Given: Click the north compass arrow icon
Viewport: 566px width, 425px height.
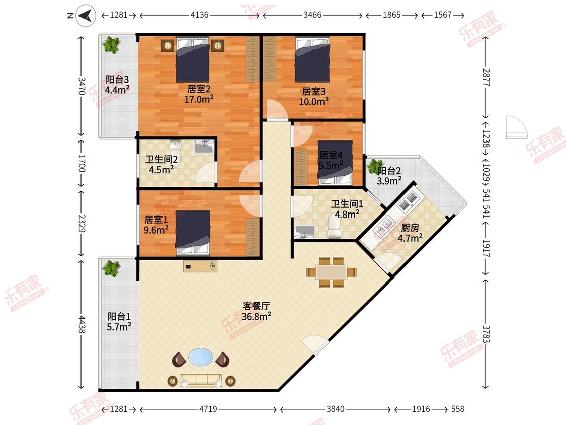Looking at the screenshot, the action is pos(86,15).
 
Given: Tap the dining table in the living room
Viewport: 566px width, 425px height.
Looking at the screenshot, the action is pos(332,272).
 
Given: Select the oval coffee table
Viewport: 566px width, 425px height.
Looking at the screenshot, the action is pos(200,357).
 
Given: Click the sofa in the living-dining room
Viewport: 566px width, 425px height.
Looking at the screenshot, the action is pos(201,381).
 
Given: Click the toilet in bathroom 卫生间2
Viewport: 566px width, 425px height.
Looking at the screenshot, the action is pos(176,148).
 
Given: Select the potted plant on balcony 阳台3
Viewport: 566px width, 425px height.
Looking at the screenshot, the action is pos(111,45).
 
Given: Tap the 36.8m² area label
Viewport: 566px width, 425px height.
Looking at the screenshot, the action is pos(256,317).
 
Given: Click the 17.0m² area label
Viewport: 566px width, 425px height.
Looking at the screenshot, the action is pos(199,99).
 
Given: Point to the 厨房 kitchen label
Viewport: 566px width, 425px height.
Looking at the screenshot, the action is pos(410,228).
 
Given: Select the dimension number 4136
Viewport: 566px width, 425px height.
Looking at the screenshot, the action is pos(199,15).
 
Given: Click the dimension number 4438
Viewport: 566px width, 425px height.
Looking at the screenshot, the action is pos(82,324).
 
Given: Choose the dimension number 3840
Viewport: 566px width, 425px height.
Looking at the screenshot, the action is pos(336,409).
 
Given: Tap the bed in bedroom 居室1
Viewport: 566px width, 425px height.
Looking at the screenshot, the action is pos(193,234).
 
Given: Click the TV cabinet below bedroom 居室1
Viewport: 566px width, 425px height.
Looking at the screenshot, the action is pos(200,266).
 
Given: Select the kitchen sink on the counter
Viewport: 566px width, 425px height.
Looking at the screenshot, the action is pos(383,226).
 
